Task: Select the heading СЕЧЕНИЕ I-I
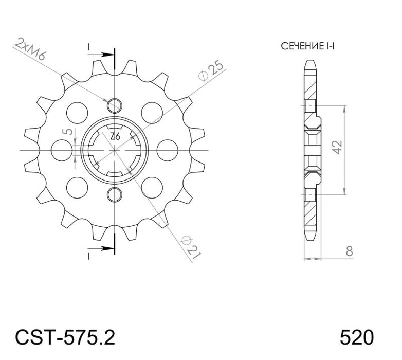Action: pos(307,46)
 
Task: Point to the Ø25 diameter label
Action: pos(211,71)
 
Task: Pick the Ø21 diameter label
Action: pos(191,247)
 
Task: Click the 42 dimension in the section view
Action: pos(338,147)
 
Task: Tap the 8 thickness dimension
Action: pos(350,251)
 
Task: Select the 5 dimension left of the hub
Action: pos(68,132)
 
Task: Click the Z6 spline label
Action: pos(115,137)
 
